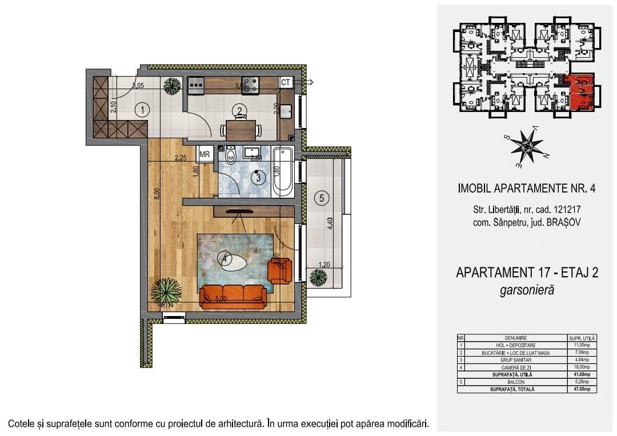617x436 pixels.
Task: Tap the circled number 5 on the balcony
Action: point(322,198)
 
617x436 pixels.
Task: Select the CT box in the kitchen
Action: point(286,82)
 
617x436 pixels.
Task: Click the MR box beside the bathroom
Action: point(204,154)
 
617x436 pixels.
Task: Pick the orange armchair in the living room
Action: point(279,270)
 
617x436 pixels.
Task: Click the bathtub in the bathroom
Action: point(283,172)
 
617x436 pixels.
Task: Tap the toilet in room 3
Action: point(231,155)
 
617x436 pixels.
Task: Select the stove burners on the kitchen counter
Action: point(250,85)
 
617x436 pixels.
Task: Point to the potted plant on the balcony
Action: point(318,278)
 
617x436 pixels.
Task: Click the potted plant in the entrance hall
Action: point(171,86)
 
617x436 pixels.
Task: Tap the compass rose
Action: point(526,146)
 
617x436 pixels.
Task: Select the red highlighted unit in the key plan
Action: point(582,92)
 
